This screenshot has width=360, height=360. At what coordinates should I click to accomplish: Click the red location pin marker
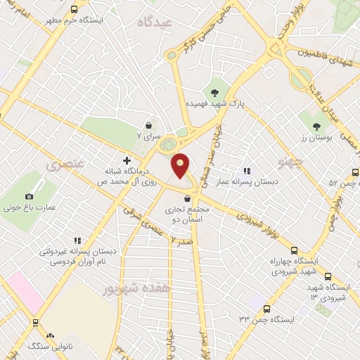point(181,166)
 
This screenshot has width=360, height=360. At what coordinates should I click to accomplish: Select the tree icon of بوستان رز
point(319,127)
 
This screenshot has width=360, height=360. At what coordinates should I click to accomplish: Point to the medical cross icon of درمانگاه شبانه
point(127,160)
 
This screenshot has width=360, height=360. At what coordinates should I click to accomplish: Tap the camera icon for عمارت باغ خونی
point(29,196)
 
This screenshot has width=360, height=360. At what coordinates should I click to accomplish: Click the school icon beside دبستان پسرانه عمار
point(246,170)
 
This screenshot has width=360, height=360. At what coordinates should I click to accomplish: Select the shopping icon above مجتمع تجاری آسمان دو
point(186,199)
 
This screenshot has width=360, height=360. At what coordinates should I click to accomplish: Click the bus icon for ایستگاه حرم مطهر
point(75,9)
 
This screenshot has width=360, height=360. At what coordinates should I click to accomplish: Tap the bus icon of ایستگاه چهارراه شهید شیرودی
point(294,250)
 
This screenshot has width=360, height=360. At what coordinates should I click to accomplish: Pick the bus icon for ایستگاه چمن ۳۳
point(266,308)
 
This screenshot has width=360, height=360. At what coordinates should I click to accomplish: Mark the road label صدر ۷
point(180,240)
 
